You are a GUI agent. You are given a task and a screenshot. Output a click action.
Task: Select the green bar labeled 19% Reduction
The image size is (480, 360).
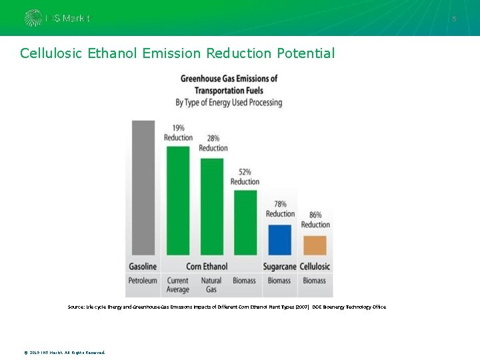pos(177,201)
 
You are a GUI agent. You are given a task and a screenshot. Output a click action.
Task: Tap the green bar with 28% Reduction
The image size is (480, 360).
pos(212,207)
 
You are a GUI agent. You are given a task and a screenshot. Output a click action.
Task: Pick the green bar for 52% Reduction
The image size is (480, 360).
pos(245,223)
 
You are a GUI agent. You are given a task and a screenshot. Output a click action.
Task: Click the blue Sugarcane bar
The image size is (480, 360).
pos(279,240)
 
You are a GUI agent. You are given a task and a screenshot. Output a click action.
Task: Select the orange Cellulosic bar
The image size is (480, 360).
pos(315,245)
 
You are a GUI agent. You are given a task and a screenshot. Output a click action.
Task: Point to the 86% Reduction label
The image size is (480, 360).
pos(315,220)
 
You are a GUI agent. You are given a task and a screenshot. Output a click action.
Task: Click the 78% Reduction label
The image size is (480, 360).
pos(280,209)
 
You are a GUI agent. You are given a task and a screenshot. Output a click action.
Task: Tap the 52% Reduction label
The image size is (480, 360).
pos(245,177)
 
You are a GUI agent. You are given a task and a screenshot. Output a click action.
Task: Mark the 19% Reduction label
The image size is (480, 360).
pos(178,133)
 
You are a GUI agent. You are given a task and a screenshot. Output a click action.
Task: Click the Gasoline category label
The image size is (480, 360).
pos(143,267)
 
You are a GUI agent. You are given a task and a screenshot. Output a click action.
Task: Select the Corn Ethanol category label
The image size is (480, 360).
pos(207,267)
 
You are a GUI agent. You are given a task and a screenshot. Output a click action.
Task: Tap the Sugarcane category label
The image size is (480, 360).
pos(279,267)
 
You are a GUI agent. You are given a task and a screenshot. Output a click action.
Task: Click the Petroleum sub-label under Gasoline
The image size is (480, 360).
pos(143,281)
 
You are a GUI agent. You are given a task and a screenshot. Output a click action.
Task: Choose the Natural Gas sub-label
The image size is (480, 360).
pos(211,285)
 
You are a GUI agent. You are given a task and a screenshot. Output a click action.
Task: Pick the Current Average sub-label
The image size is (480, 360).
pos(178,285)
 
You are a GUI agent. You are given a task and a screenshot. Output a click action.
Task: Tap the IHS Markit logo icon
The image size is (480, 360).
pos(33,18)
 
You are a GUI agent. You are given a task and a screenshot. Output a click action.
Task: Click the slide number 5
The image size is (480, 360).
pos(454,19)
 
